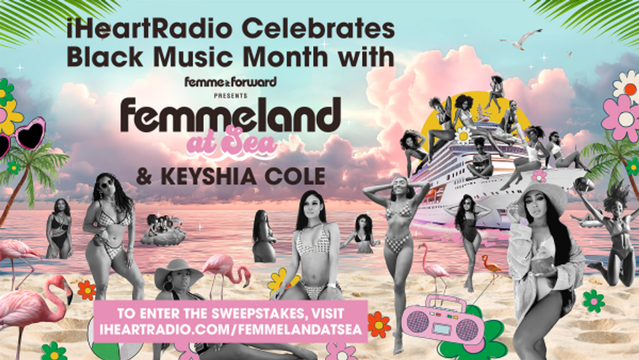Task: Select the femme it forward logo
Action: (x=230, y=82)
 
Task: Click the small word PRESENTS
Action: (x=230, y=96)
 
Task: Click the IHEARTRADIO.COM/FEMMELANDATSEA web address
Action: (x=230, y=330)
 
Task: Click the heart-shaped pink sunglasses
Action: (x=22, y=137)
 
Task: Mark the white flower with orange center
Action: (x=627, y=87)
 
